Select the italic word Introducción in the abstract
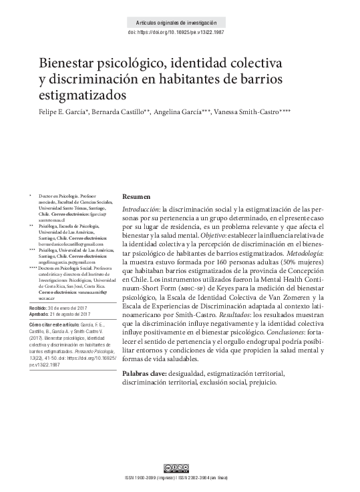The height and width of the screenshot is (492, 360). [x=141, y=209]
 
